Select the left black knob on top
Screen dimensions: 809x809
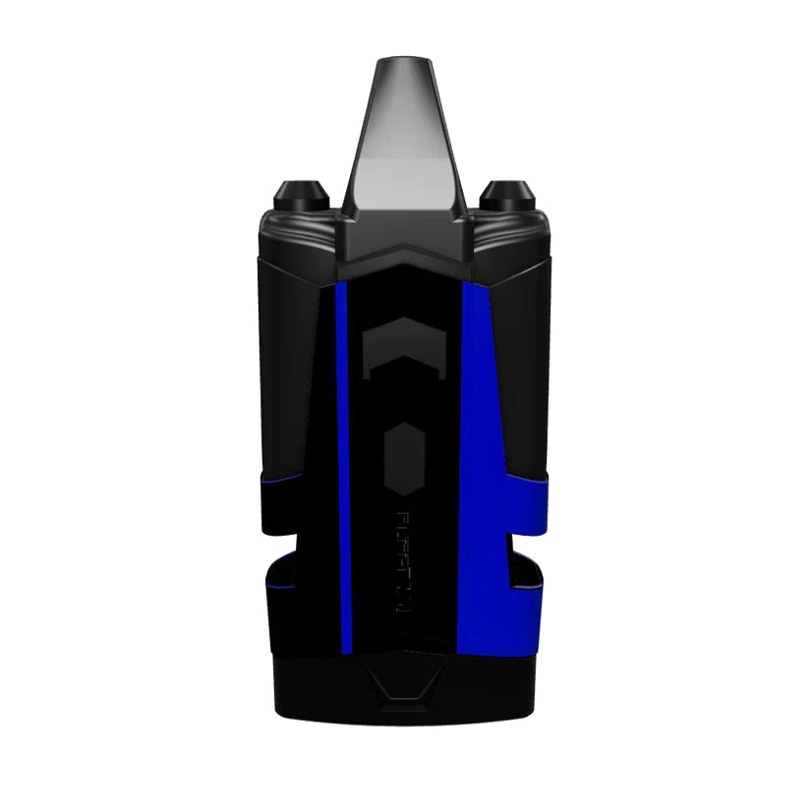pos(295,190)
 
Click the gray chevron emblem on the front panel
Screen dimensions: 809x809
pos(403,349)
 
